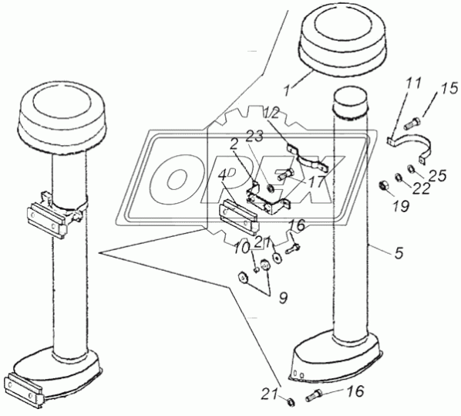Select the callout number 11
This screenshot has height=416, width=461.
(x=413, y=84)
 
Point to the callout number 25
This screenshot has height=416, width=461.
(x=438, y=176)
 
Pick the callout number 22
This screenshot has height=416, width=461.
(x=422, y=189)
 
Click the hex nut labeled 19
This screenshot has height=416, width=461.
(x=384, y=185)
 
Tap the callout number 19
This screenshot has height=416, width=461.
(x=401, y=206)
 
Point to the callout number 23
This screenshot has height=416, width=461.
(x=255, y=137)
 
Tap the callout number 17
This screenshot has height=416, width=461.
(x=317, y=181)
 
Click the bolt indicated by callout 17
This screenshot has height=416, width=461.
(x=285, y=175)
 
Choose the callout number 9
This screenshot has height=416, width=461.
(x=283, y=298)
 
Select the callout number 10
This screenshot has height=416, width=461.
(x=242, y=249)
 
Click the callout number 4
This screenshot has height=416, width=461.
(x=222, y=176)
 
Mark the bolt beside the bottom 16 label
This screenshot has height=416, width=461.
(x=314, y=395)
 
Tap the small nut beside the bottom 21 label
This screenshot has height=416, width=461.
(x=291, y=401)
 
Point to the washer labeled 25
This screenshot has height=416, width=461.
(x=410, y=168)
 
